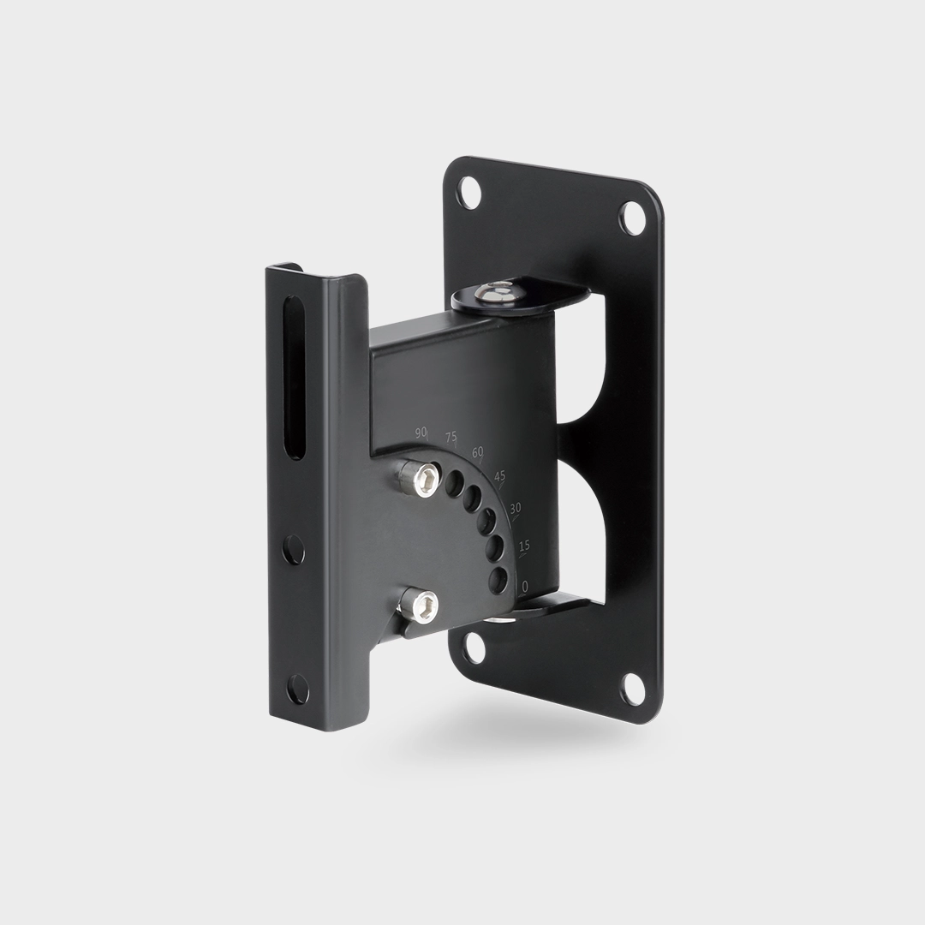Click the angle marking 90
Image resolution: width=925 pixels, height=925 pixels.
(x=421, y=433)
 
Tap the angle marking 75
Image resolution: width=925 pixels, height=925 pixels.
(x=451, y=437)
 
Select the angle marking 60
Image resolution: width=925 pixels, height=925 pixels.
(x=477, y=452)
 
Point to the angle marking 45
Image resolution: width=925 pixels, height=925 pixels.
(x=499, y=476)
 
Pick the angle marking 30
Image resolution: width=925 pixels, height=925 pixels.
(x=516, y=508)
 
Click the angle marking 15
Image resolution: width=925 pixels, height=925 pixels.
(x=524, y=546)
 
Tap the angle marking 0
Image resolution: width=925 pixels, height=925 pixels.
(x=525, y=586)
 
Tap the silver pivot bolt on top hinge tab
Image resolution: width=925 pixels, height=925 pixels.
(x=497, y=291)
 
